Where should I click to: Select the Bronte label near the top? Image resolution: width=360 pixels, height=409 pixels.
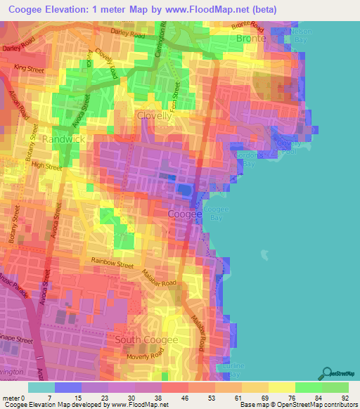251,39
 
